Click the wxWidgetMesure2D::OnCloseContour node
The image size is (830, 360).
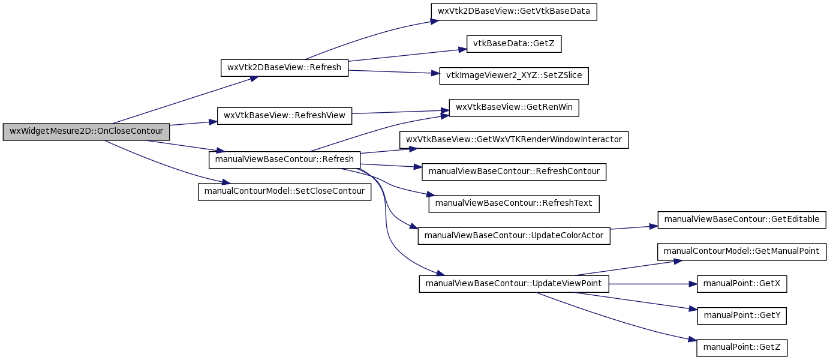click(x=86, y=132)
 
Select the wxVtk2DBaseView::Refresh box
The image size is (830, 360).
click(x=284, y=68)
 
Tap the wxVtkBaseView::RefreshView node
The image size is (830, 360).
click(x=284, y=116)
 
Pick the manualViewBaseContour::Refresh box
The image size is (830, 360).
click(x=284, y=160)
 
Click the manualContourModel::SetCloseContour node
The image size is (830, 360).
click(x=284, y=191)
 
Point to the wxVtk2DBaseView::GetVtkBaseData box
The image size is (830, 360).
click(x=513, y=11)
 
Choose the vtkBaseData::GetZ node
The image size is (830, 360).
click(x=513, y=44)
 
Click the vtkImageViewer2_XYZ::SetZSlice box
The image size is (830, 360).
click(x=513, y=76)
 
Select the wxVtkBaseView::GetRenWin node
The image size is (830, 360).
click(x=513, y=107)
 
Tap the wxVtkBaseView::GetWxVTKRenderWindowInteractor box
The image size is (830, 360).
click(x=513, y=140)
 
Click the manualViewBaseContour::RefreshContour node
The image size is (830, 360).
click(x=513, y=172)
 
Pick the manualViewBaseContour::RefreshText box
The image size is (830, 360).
click(x=513, y=203)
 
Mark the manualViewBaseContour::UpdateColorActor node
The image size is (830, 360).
click(x=513, y=236)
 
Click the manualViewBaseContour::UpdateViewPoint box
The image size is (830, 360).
click(x=513, y=284)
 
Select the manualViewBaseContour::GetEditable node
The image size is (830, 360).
click(x=741, y=220)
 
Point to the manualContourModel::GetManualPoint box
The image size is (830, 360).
click(x=741, y=252)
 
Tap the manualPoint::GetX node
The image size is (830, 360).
click(x=741, y=284)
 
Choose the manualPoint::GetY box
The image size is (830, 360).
click(x=741, y=316)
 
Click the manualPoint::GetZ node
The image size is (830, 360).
click(x=741, y=348)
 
